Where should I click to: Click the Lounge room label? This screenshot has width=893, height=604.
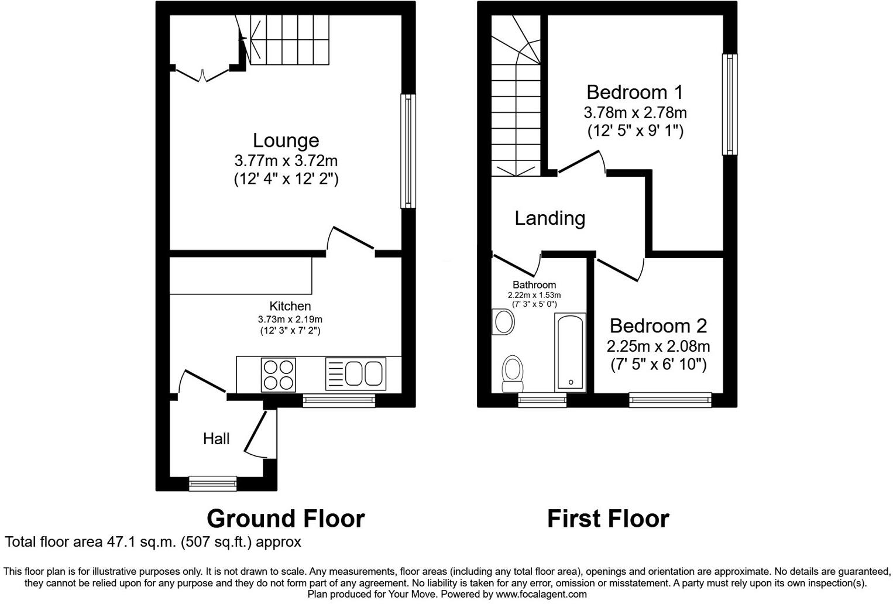pos(286,140)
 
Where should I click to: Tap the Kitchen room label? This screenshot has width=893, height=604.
pos(290,306)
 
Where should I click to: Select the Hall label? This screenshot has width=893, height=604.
pos(216,438)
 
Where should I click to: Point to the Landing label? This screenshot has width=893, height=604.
pos(549,218)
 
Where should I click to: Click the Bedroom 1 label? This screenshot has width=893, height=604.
pos(635,92)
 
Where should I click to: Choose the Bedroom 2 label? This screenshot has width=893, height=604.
pos(658,325)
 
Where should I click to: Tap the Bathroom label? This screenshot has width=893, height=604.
pos(534,285)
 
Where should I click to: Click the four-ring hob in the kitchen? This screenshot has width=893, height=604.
pos(279,375)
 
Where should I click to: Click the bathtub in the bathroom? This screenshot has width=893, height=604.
pos(569,352)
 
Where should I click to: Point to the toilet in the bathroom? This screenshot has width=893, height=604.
pos(513,372)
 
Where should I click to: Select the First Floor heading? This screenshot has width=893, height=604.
pos(607,519)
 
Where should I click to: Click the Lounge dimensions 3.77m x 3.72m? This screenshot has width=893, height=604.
pos(286,160)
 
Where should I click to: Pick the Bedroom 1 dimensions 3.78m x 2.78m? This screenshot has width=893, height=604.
pos(635,112)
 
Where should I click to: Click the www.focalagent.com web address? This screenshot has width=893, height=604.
pos(541,594)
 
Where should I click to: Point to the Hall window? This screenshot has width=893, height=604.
pos(213,483)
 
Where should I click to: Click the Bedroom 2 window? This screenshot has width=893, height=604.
pos(671,400)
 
